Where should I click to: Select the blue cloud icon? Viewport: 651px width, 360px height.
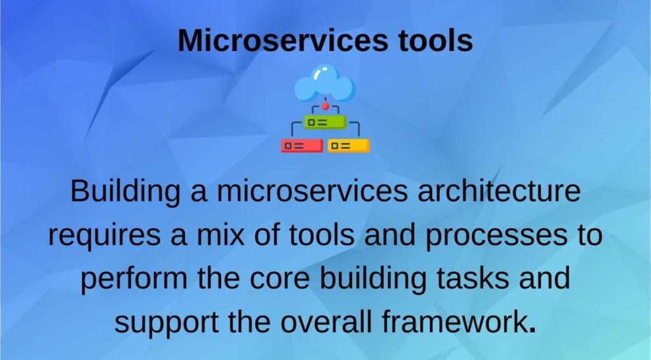[325, 83]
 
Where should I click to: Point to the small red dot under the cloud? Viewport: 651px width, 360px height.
[325, 106]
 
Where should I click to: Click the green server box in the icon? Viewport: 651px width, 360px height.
[325, 122]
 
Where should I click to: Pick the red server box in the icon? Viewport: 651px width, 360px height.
[302, 146]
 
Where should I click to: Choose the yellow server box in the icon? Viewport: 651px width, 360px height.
[348, 146]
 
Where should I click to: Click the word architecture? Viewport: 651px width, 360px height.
[498, 191]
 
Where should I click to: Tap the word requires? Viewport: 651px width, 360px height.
[104, 236]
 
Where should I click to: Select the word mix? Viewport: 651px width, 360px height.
[220, 235]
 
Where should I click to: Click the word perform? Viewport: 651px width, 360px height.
[134, 279]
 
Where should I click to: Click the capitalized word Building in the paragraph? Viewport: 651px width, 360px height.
[125, 191]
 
